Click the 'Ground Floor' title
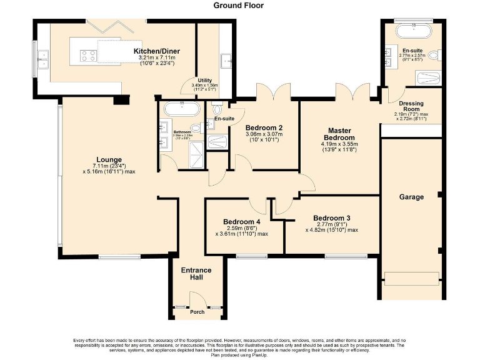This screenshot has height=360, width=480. [239, 6]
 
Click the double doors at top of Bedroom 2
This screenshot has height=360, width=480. [274, 91]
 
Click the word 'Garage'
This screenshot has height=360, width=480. [412, 197]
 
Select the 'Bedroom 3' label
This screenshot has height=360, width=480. [331, 218]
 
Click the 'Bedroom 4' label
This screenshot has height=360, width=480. [242, 222]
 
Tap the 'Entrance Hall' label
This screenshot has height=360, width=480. [196, 274]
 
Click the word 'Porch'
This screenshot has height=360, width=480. [197, 312]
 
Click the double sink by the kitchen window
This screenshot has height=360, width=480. [43, 57]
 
